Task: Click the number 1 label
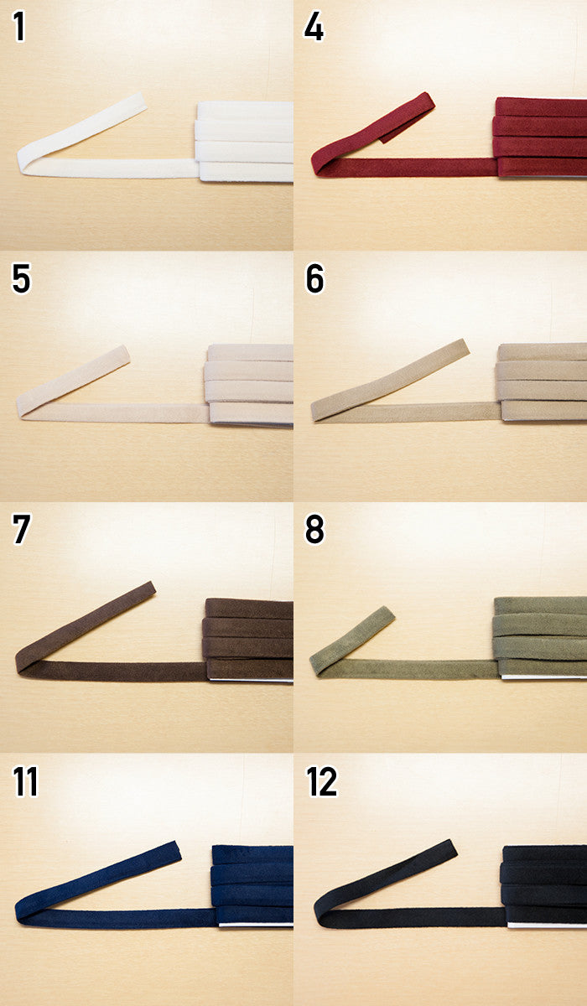[18, 27]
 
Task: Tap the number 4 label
[314, 27]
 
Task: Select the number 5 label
[21, 278]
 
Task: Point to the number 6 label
[314, 278]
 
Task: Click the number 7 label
[22, 530]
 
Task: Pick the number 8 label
[314, 530]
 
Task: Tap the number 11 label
[26, 781]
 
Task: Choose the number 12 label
[321, 781]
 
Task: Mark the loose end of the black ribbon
[451, 848]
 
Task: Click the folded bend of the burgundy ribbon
[317, 165]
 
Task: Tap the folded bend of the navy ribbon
[21, 912]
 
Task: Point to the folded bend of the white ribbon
[23, 162]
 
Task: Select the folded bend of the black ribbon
[319, 912]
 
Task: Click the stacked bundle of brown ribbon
[248, 640]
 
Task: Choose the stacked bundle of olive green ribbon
[540, 637]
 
